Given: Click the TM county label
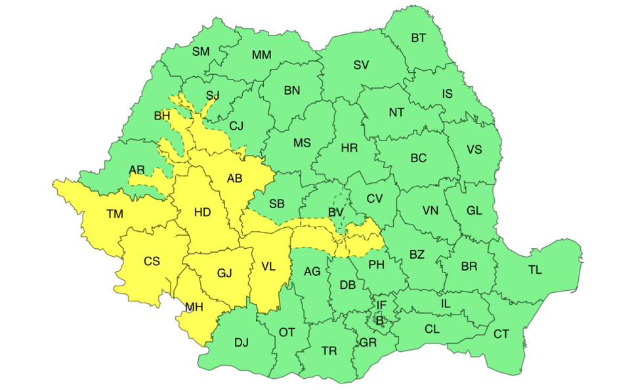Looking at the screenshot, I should coord(114,213).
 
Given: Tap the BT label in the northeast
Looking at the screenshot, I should coord(418,38).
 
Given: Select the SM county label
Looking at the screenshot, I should coord(201,51).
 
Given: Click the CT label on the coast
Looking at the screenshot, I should coord(501,334).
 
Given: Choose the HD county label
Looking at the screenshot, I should coord(203,212).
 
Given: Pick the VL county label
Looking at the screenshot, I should coord(268,267).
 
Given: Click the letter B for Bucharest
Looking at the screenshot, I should coord(379,320).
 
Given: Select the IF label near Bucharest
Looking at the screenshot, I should coord(381,305).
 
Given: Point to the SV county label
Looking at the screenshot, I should coord(361,64).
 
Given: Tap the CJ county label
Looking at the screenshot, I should coord(236,125).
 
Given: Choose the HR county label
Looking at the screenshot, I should coord(349,148).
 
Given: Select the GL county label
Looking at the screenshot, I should coord(474,211).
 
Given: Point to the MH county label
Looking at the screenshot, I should coord(194,307).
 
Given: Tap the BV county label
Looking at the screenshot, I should coord(337,211).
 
